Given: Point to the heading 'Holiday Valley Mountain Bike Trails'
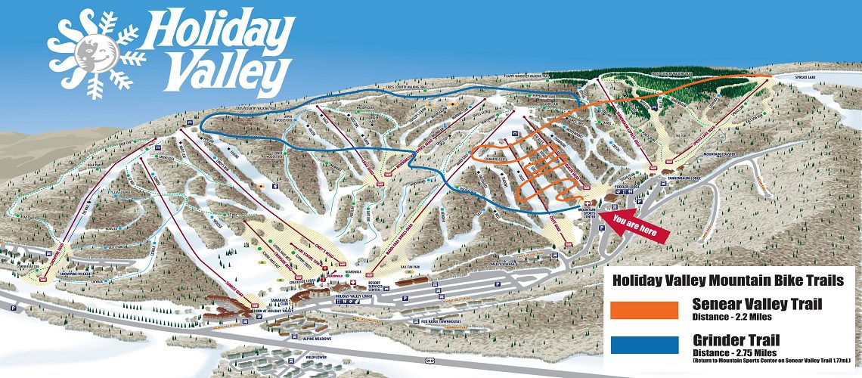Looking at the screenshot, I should click(727, 280).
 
